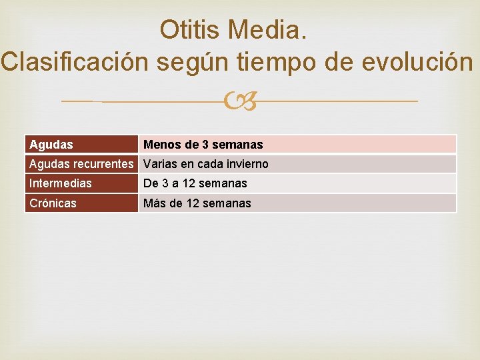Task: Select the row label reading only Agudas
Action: [x=51, y=145]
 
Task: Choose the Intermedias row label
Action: [x=61, y=183]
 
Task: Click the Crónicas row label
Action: [x=53, y=203]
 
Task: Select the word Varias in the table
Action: [x=160, y=164]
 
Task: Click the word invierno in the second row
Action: [x=247, y=164]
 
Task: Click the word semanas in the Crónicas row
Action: [x=227, y=203]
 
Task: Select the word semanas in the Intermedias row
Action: [x=223, y=183]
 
